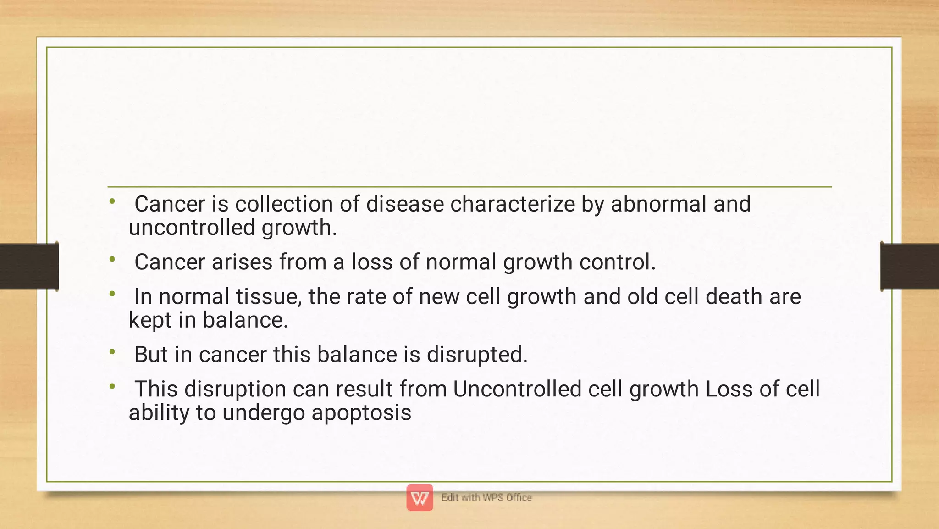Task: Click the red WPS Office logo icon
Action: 420,497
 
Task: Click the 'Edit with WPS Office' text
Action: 486,497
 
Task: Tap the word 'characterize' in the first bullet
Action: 512,204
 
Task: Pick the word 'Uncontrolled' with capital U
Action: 517,389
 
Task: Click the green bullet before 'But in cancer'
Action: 112,352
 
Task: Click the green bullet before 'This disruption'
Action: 112,386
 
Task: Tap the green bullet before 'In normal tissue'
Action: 112,294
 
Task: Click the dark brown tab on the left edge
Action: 29,267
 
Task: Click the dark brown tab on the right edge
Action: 909,267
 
